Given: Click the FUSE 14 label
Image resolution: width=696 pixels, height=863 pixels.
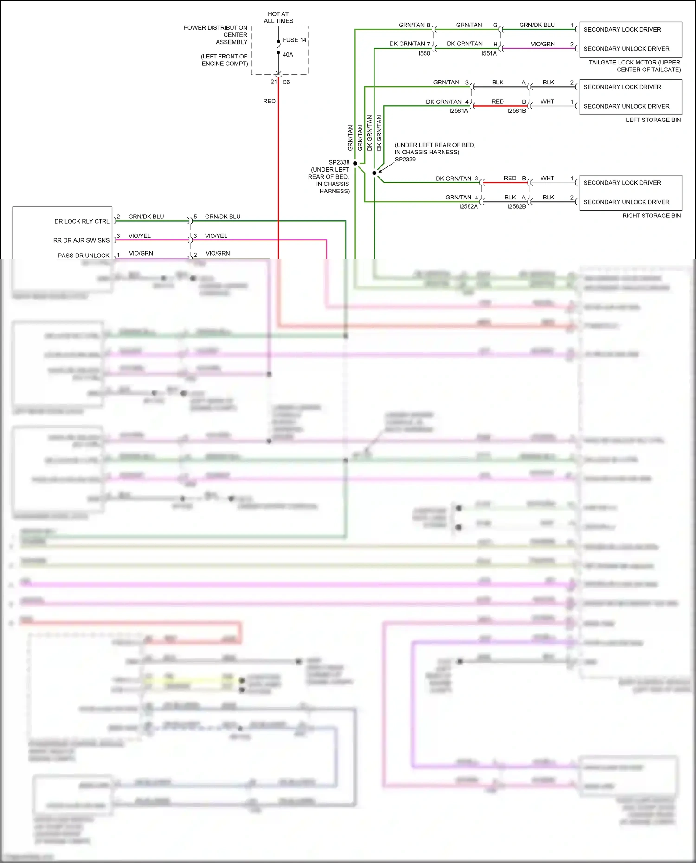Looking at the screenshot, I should (x=294, y=40).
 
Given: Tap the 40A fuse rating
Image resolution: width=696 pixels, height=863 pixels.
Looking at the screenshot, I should (x=288, y=55).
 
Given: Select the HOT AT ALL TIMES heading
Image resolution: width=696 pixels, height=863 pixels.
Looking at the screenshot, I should (x=278, y=18).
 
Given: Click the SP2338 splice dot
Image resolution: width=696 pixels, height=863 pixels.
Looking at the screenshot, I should (x=355, y=163).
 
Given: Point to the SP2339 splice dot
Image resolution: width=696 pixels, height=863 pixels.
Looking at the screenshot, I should (x=374, y=173).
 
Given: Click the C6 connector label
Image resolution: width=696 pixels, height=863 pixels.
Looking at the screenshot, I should (x=286, y=82).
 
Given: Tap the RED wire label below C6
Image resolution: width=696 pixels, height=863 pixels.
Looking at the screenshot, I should (x=269, y=101).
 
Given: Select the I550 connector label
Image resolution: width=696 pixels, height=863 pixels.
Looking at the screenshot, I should (x=424, y=53).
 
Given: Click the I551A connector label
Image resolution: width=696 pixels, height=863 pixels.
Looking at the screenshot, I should (x=489, y=53).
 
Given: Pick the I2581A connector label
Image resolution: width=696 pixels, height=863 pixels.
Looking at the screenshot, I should (x=458, y=111).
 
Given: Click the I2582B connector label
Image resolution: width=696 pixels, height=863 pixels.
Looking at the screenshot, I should (x=516, y=206).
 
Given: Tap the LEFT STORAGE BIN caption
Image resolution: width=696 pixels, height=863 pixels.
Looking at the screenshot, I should (x=653, y=120).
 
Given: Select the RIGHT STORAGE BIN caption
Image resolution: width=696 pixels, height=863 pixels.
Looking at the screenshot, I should (x=651, y=216).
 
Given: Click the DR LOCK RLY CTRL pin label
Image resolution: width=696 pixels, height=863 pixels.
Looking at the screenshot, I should (x=82, y=221).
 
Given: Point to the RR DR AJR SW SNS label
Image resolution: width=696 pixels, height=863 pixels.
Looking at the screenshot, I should (x=81, y=240).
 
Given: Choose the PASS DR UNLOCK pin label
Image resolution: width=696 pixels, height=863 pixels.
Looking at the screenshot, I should (x=84, y=256).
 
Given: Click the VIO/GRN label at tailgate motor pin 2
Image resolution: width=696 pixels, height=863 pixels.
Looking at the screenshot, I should (x=542, y=44).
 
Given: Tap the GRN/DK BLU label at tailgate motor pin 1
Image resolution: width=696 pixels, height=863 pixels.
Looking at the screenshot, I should (x=537, y=25).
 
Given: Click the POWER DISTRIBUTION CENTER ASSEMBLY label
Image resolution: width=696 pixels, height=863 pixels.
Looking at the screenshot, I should (x=215, y=35).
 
